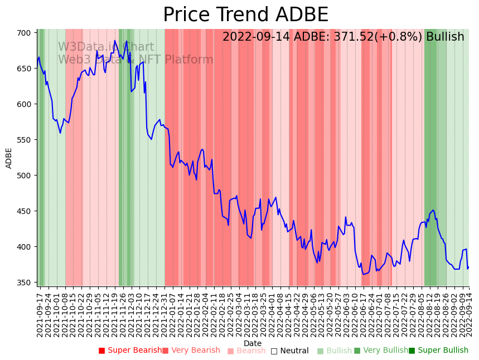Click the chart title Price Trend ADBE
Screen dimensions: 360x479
pyautogui.click(x=245, y=15)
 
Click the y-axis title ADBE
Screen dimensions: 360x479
pyautogui.click(x=9, y=158)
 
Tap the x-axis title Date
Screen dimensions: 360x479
pyautogui.click(x=253, y=344)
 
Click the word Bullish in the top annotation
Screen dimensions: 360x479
pyautogui.click(x=445, y=37)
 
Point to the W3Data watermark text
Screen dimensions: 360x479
pyautogui.click(x=78, y=47)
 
